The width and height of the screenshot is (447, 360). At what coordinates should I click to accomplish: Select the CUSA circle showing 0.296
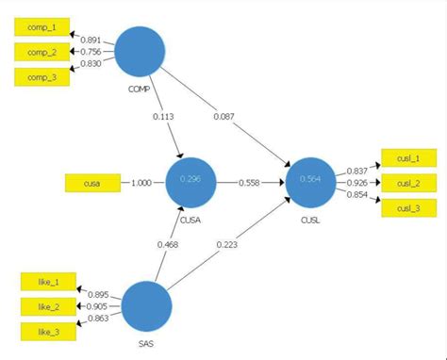(191, 180)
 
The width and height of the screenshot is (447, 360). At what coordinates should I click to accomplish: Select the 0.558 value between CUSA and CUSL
(250, 180)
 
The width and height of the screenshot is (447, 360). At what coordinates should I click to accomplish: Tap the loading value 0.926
(356, 181)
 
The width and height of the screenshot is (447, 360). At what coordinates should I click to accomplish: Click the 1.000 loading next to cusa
(141, 180)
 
